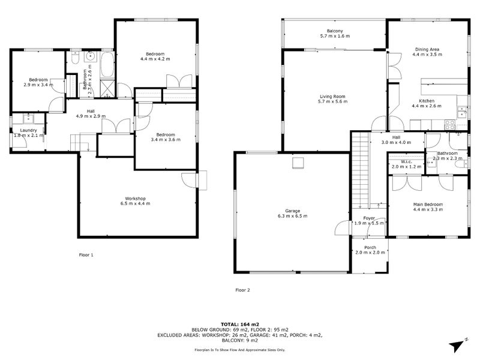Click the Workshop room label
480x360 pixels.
point(136,199)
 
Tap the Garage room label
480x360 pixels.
point(293,211)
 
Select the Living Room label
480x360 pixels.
point(332,97)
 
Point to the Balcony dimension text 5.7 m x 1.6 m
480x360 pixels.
point(335,36)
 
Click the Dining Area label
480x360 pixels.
point(427,49)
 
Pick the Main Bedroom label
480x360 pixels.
point(428,205)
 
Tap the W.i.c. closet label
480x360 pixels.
point(407,161)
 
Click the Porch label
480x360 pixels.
point(370,247)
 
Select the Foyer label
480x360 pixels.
point(369,218)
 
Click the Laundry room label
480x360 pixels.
point(28,130)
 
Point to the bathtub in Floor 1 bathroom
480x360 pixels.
point(107,65)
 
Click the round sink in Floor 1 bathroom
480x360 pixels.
point(91,56)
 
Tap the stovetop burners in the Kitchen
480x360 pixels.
point(449,125)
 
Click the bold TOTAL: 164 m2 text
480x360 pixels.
point(240,325)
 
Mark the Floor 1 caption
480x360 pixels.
point(86,255)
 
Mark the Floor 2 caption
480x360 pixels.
point(242,290)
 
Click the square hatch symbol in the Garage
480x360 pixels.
point(298,163)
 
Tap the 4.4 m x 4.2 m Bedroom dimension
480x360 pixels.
point(155,59)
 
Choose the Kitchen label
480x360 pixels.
point(427,101)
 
